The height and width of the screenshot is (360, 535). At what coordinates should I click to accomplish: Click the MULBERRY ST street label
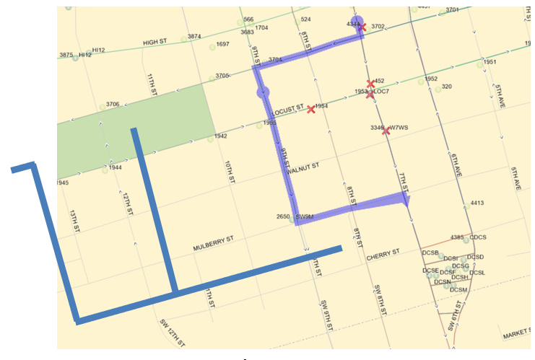pyautogui.click(x=214, y=243)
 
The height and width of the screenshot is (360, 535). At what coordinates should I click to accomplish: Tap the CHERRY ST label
pyautogui.click(x=383, y=254)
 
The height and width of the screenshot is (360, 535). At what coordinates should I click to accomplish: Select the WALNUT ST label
pyautogui.click(x=302, y=170)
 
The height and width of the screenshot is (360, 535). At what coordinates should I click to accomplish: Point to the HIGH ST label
pyautogui.click(x=155, y=42)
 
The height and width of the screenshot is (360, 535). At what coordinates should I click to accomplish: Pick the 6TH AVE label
pyautogui.click(x=455, y=165)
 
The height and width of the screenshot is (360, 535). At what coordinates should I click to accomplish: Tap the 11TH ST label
pyautogui.click(x=152, y=85)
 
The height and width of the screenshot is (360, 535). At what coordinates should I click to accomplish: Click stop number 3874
pyautogui.click(x=194, y=36)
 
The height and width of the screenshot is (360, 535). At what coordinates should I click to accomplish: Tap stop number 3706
pyautogui.click(x=113, y=105)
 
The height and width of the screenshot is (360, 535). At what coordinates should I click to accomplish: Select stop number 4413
pyautogui.click(x=477, y=203)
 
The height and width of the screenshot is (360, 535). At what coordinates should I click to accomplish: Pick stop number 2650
pyautogui.click(x=283, y=216)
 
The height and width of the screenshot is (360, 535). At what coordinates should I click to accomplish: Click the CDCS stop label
pyautogui.click(x=478, y=237)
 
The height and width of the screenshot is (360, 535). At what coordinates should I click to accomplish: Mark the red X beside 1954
pyautogui.click(x=311, y=109)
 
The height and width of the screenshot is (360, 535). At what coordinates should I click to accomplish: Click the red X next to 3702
pyautogui.click(x=362, y=27)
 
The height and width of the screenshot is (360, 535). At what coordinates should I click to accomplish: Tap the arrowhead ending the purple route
pyautogui.click(x=406, y=200)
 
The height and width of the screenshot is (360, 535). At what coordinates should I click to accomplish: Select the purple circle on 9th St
pyautogui.click(x=263, y=92)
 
